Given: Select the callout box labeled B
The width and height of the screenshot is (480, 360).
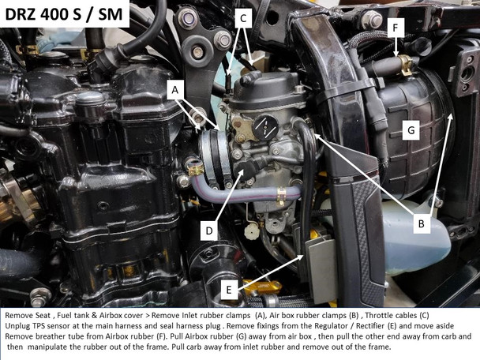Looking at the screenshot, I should [x=421, y=223].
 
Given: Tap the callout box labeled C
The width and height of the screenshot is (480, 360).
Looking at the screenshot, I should [x=244, y=17].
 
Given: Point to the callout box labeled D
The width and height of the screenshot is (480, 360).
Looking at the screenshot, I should [x=209, y=231].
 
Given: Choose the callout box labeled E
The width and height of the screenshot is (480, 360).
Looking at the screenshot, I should [x=228, y=290].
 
